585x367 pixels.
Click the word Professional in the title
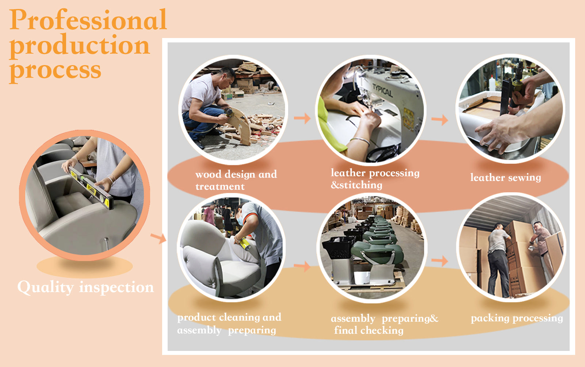tap(88, 20)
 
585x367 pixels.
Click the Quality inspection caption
tap(86, 288)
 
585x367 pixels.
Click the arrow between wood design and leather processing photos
tap(302, 118)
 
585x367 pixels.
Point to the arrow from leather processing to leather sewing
tap(440, 120)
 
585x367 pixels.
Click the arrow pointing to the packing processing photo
tap(440, 261)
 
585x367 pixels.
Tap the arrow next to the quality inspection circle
tap(158, 238)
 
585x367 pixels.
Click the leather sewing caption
tap(506, 178)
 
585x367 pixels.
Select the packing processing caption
tap(517, 319)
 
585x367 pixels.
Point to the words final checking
tap(369, 330)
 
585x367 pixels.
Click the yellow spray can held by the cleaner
tap(245, 243)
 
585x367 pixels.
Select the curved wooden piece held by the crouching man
tap(242, 125)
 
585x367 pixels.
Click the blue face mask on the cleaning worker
tap(240, 220)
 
